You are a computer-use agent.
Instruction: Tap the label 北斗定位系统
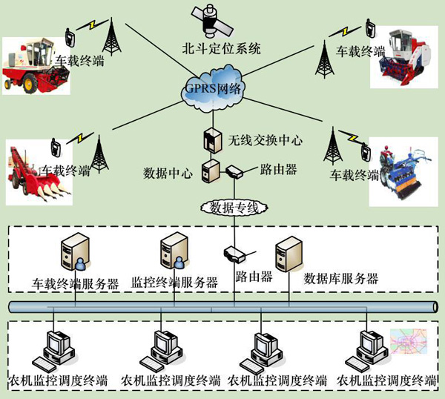click(222, 50)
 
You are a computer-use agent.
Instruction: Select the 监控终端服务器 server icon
click(172, 251)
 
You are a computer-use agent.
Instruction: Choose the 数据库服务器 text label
click(341, 280)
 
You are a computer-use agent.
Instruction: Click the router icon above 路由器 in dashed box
click(234, 254)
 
